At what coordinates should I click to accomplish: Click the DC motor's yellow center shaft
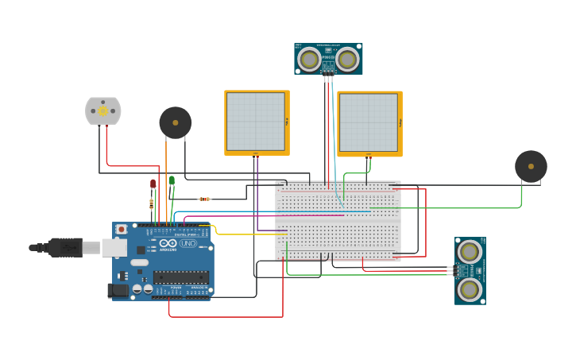click(102, 111)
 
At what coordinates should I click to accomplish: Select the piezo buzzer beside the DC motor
click(175, 122)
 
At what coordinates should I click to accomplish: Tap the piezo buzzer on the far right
click(531, 166)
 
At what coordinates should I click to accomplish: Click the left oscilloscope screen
click(255, 122)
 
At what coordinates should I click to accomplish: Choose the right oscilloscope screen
click(368, 122)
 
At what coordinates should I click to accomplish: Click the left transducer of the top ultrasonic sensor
click(308, 58)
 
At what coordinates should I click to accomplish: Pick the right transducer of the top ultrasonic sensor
click(347, 58)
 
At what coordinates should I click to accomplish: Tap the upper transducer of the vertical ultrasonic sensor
click(470, 252)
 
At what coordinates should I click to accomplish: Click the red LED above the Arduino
click(153, 184)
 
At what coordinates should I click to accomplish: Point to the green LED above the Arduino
click(172, 181)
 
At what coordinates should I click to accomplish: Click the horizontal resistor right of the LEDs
click(204, 199)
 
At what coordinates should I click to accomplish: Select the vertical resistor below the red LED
click(151, 204)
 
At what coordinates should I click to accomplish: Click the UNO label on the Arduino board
click(188, 244)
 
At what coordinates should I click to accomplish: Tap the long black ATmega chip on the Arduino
click(181, 277)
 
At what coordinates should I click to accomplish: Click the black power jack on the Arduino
click(118, 291)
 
